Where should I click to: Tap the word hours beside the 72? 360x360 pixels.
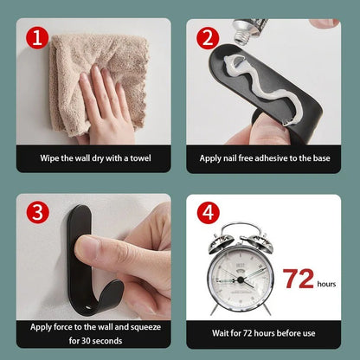click(326, 285)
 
